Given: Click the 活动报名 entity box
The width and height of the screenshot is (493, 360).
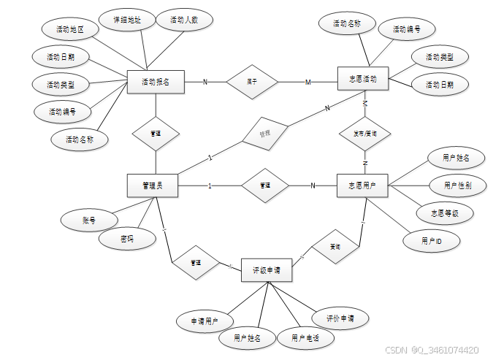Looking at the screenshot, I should [156, 82].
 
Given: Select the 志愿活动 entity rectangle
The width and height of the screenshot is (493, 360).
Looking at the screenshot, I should [363, 78].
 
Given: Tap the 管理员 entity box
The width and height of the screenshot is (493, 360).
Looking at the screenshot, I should [153, 185].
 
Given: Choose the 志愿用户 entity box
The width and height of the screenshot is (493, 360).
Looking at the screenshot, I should [362, 185].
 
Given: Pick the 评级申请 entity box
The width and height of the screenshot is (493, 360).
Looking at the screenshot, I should [267, 269].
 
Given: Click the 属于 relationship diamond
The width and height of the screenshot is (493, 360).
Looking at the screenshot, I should [252, 82].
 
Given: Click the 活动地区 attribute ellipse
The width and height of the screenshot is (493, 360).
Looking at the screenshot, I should [70, 30].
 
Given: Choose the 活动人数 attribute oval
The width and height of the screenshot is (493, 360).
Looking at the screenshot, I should [183, 20].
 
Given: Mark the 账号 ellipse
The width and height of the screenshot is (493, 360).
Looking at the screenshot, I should [88, 219].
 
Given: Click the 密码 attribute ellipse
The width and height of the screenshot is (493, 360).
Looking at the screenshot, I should [127, 239].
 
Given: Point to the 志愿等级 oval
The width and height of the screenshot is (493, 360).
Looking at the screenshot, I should [445, 212].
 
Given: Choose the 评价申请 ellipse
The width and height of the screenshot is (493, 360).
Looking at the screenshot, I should [340, 318].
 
